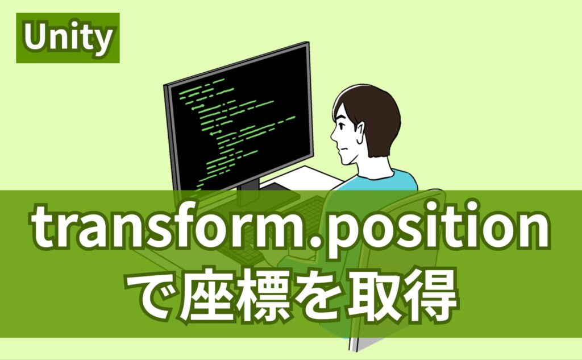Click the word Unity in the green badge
(x=68, y=38)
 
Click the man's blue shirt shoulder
(x=392, y=179)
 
